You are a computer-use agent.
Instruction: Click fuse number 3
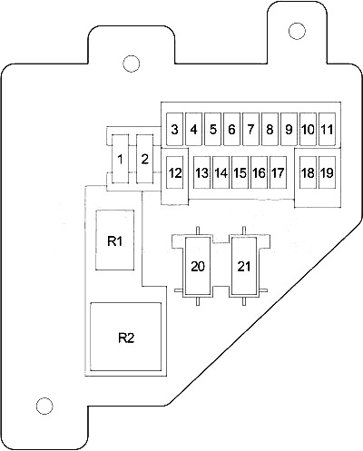[175, 130]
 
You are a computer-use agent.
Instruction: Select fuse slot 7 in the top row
[250, 130]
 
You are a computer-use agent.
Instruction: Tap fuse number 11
[327, 130]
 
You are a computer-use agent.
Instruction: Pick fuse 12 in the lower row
[175, 172]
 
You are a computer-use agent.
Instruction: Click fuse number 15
[240, 172]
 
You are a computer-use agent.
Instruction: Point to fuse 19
[327, 172]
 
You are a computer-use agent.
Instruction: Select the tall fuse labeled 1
[121, 159]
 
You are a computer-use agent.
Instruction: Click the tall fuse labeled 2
[145, 159]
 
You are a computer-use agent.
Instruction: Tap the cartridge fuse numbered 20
[198, 266]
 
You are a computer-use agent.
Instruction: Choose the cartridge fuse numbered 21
[244, 266]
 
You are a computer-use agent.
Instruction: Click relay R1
[115, 240]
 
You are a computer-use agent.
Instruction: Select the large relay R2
[126, 337]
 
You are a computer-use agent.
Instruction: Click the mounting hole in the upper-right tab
[297, 31]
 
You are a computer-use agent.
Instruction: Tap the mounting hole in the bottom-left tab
[44, 406]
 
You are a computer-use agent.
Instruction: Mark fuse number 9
[289, 130]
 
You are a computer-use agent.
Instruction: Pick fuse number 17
[278, 172]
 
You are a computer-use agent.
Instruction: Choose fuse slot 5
[213, 130]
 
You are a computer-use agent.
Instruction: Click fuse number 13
[201, 172]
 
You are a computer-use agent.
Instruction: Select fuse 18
[308, 172]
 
